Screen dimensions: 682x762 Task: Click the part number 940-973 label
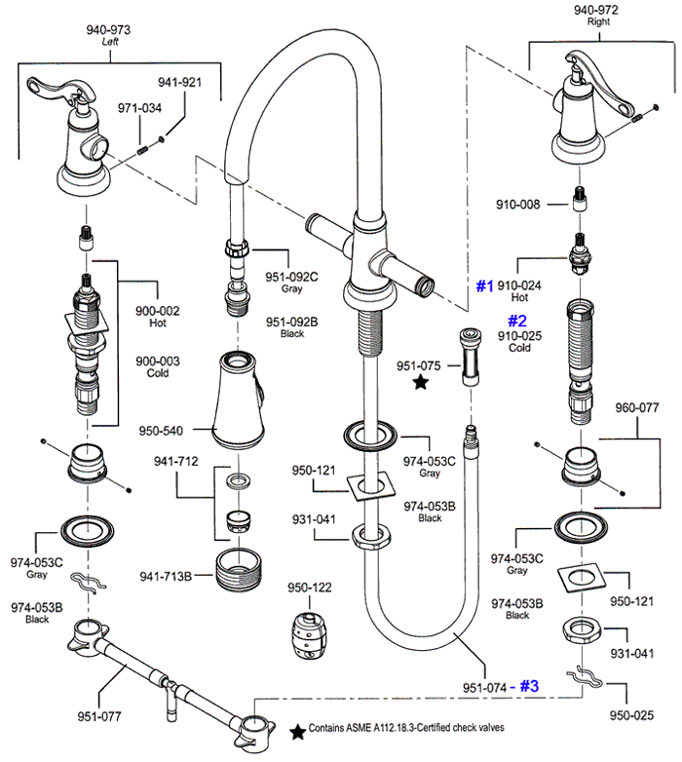(108, 30)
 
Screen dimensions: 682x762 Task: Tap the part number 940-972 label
(596, 10)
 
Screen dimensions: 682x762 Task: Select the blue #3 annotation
(529, 686)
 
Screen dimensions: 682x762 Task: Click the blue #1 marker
(484, 286)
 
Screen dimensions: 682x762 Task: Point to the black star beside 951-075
(421, 382)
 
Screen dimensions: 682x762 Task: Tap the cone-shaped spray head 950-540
(239, 400)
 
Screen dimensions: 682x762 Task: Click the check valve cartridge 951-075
(471, 358)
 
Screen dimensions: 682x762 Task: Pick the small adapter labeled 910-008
(580, 199)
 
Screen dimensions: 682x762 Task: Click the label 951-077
(99, 716)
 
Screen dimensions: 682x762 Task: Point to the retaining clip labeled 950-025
(585, 677)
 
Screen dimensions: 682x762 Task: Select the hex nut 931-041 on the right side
(582, 630)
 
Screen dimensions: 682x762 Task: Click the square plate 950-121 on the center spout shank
(371, 486)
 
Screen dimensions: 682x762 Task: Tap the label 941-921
(179, 82)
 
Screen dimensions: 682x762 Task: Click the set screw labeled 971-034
(142, 151)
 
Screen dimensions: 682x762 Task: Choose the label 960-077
(637, 407)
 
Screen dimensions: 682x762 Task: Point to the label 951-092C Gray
(291, 283)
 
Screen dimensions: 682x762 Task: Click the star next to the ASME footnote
(297, 732)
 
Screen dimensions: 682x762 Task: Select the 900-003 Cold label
(158, 367)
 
